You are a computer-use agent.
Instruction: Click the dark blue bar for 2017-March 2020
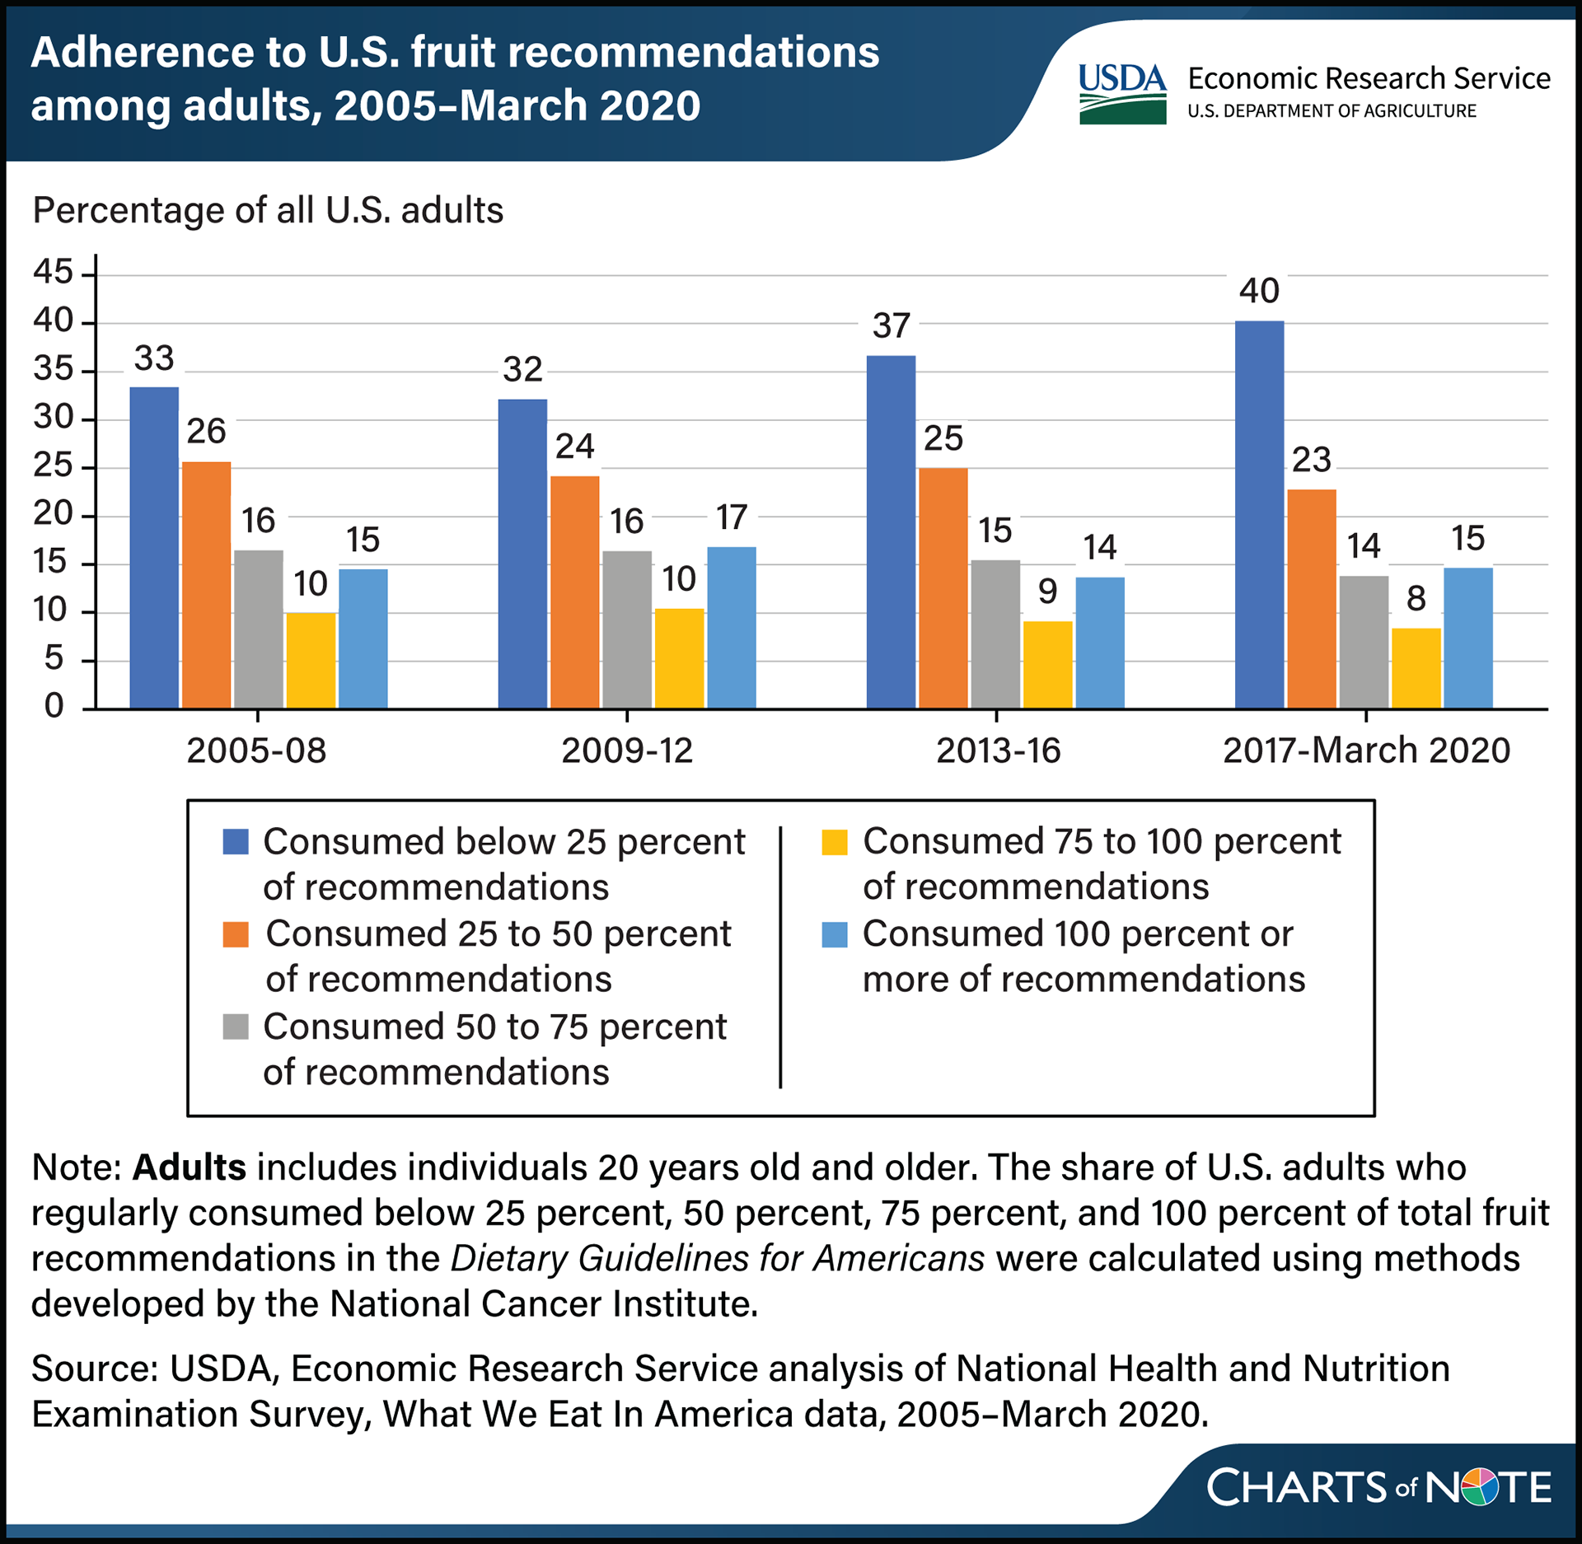[1259, 515]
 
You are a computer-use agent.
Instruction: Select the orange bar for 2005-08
[206, 585]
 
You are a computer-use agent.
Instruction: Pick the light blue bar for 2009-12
[731, 628]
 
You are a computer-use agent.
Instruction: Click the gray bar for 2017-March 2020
[1364, 642]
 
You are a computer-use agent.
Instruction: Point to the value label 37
[891, 326]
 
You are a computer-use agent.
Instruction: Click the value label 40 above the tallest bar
[1259, 291]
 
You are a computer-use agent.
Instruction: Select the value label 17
[731, 517]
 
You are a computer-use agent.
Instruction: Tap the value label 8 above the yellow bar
[1416, 598]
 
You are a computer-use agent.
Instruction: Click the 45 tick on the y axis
[54, 271]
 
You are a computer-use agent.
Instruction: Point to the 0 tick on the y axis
[54, 706]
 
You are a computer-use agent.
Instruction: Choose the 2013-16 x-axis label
[998, 751]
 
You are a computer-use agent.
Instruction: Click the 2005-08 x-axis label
[256, 751]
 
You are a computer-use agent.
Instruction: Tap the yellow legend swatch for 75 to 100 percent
[835, 842]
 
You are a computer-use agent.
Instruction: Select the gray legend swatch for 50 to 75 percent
[236, 1027]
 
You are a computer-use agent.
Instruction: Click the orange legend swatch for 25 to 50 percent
[236, 934]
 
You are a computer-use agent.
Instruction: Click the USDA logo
[1122, 94]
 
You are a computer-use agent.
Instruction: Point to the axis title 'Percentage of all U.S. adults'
[268, 211]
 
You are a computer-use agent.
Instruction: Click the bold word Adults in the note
[189, 1167]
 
